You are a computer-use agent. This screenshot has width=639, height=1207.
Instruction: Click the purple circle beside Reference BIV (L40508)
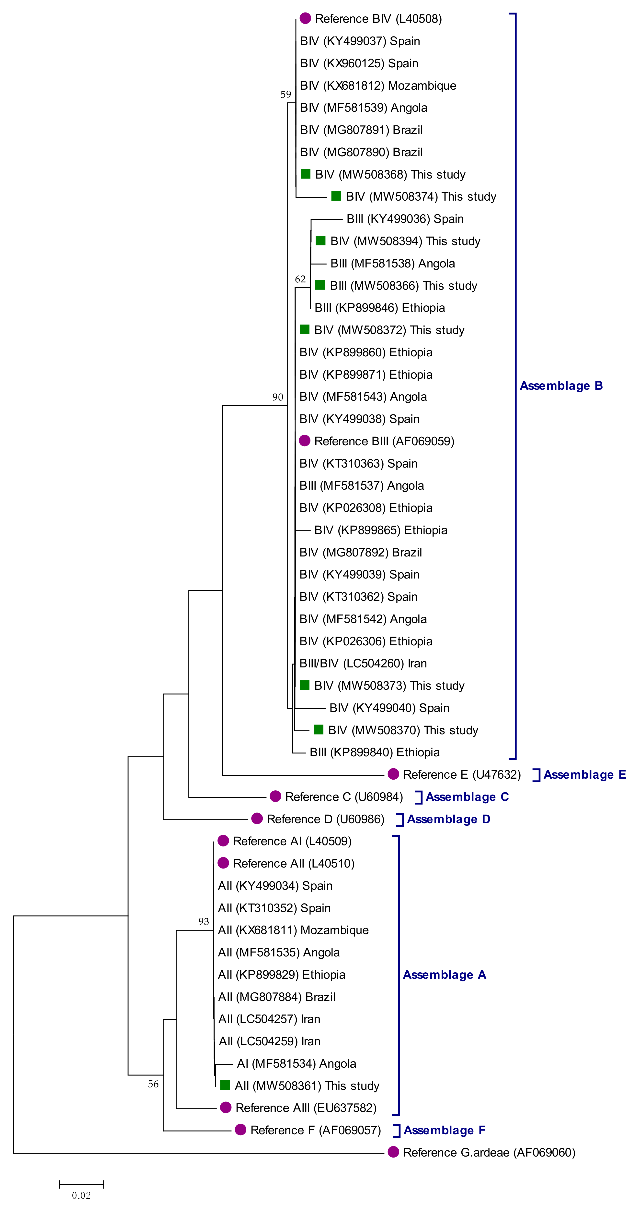pos(305,19)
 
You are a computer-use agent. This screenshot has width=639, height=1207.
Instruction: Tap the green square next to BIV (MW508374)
pos(336,196)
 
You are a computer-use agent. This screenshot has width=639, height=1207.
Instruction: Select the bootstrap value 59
pos(285,95)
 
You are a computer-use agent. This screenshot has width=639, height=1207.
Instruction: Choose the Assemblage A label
pos(444,975)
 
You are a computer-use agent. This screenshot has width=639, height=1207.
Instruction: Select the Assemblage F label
pos(444,1130)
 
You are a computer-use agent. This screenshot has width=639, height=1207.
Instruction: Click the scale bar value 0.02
pos(81,1195)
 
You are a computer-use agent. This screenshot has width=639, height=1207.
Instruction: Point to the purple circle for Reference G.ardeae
pos(393,1152)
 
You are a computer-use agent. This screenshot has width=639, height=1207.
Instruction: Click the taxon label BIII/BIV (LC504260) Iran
pos(363,664)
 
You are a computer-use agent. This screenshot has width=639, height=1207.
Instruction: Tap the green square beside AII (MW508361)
pos(225,1085)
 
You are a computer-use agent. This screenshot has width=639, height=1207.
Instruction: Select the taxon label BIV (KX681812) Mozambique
pos(378,86)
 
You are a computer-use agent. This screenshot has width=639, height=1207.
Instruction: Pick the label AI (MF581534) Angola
pos(296,1064)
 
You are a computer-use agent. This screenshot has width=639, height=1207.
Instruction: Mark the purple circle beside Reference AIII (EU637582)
pos(226,1107)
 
